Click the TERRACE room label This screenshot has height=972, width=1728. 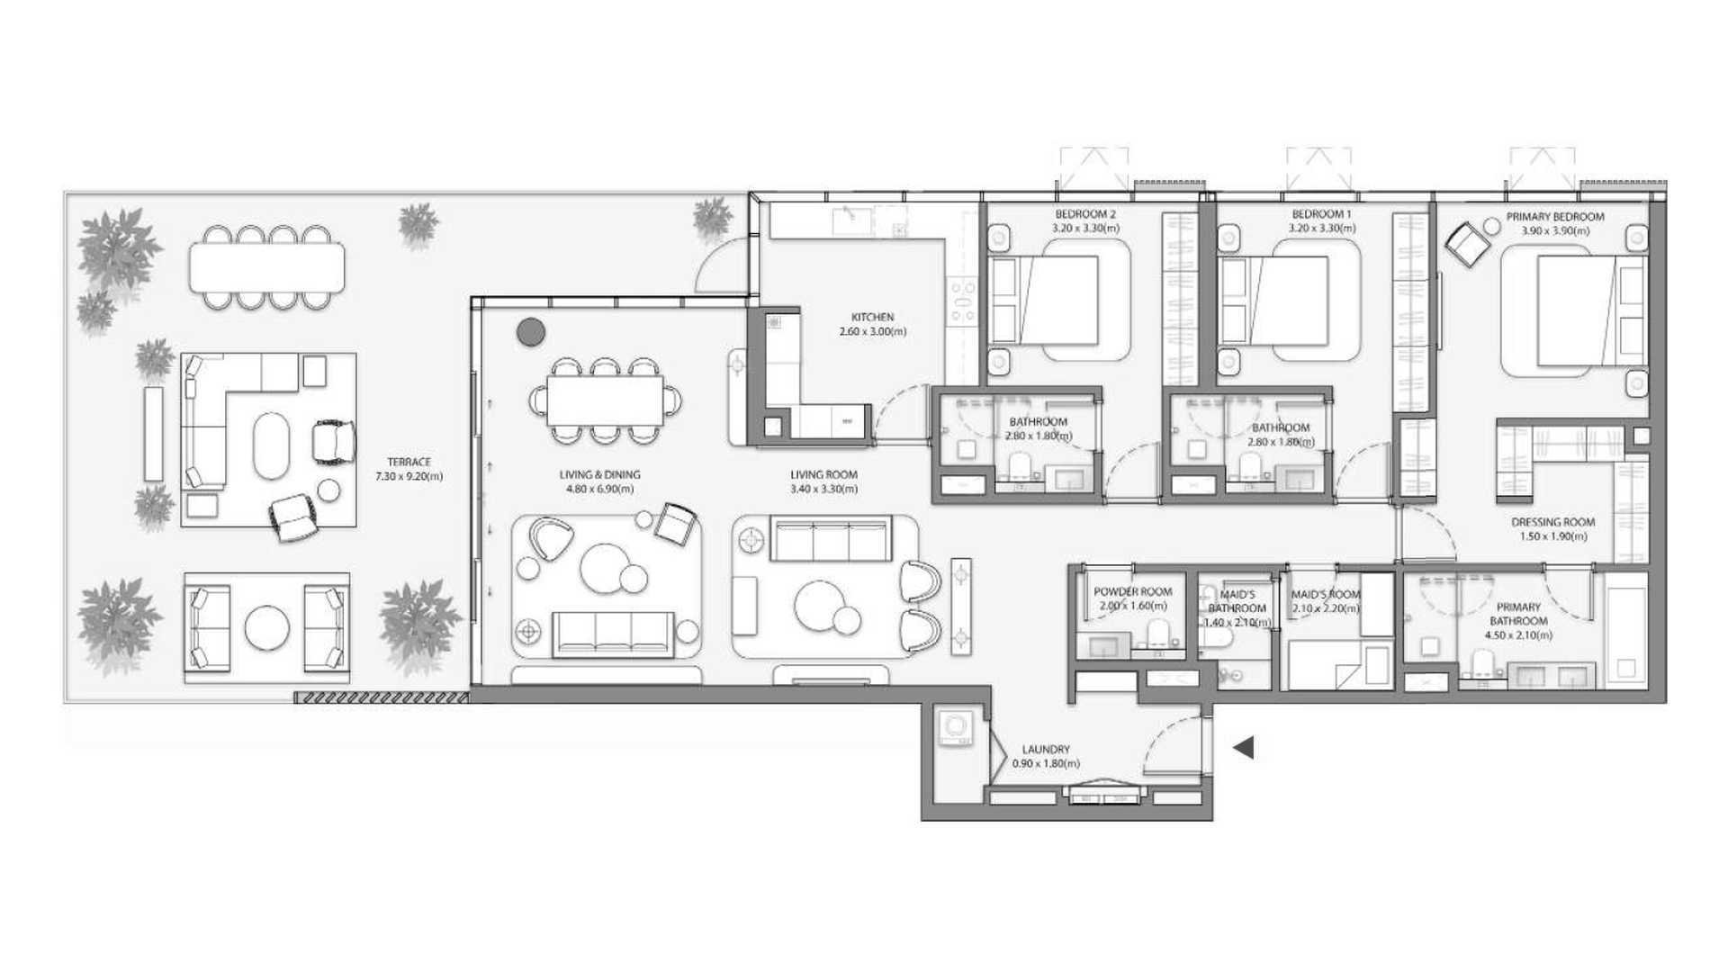[409, 462]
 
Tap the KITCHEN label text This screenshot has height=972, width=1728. [872, 317]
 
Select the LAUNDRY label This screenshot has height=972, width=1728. [1046, 749]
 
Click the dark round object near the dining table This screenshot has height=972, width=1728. [531, 333]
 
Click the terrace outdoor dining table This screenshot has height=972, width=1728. [266, 268]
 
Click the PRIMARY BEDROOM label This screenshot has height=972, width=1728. [1555, 217]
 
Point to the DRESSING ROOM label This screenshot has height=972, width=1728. [1552, 522]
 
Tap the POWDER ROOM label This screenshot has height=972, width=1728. [1132, 592]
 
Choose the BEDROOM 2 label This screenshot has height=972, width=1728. [1085, 214]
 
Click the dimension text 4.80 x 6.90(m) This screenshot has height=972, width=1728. [599, 489]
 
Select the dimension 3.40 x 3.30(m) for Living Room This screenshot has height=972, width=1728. [823, 489]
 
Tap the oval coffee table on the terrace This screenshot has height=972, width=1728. [271, 445]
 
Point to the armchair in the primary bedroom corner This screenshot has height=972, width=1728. [1468, 243]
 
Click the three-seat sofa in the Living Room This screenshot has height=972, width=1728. [828, 541]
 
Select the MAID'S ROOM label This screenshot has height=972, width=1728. [1325, 595]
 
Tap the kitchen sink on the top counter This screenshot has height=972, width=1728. [848, 217]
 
